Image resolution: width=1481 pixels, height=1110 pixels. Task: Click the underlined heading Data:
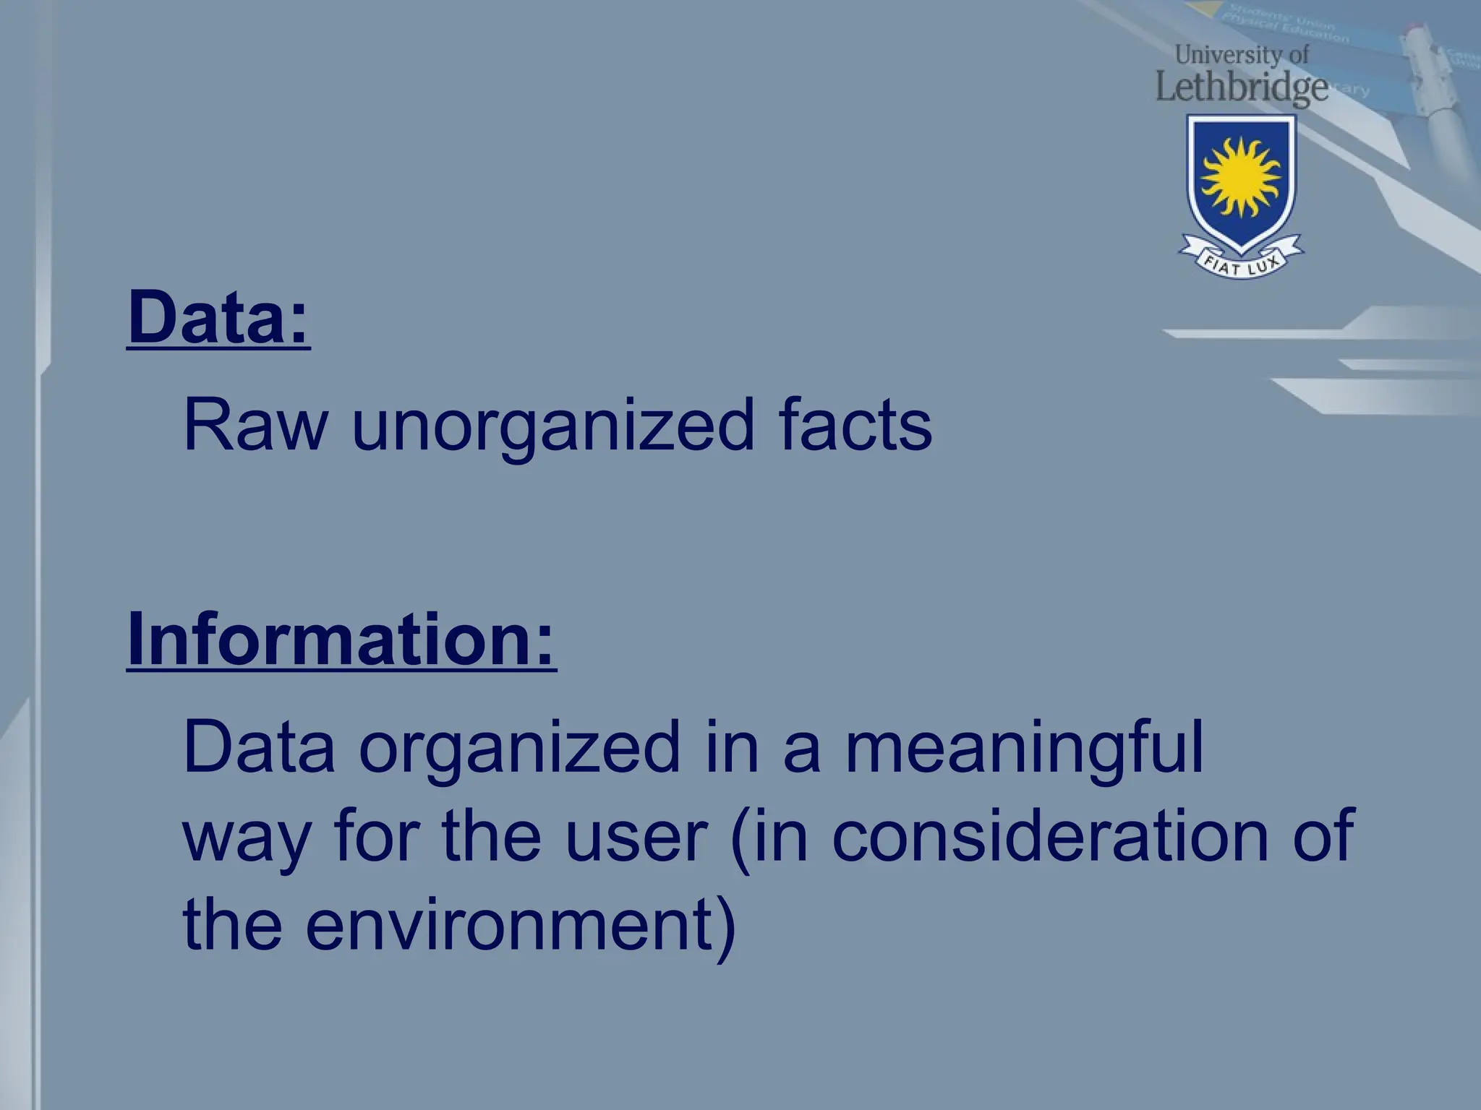pyautogui.click(x=218, y=318)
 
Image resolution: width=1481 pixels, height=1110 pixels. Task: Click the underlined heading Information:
pyautogui.click(x=341, y=640)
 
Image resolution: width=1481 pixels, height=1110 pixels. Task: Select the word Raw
pyautogui.click(x=255, y=426)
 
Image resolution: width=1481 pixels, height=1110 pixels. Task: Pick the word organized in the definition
pyautogui.click(x=519, y=752)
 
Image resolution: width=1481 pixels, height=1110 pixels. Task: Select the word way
pyautogui.click(x=247, y=842)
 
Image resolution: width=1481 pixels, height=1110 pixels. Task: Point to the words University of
pyautogui.click(x=1241, y=54)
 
